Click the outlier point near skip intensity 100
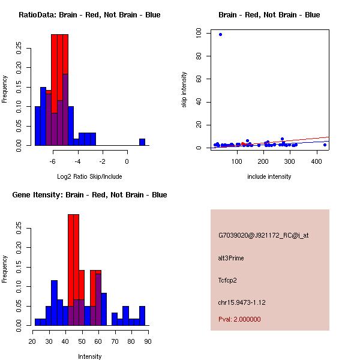(x=220, y=34)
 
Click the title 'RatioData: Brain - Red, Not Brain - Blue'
(x=89, y=15)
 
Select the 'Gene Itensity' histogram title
(x=89, y=195)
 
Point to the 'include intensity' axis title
(x=269, y=176)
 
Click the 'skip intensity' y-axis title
(x=184, y=90)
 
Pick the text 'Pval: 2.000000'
(x=239, y=319)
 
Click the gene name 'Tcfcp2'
(x=228, y=280)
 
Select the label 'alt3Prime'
(x=231, y=258)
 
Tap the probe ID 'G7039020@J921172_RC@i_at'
(x=263, y=236)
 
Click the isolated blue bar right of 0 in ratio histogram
(x=142, y=142)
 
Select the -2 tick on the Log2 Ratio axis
(x=102, y=161)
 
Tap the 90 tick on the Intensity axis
(x=148, y=341)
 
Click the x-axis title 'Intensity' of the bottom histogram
(x=89, y=356)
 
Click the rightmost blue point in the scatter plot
(x=325, y=145)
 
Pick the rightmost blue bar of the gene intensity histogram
(x=142, y=316)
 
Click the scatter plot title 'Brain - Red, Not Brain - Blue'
(x=269, y=15)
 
